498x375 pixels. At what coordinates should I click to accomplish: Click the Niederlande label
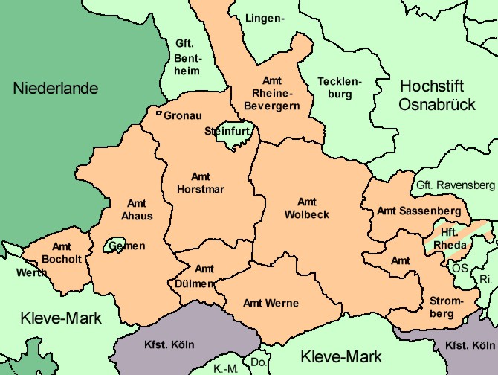[x=56, y=89]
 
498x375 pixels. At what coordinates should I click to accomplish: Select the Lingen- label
[x=265, y=18]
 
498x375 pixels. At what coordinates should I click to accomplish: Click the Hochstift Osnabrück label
[x=436, y=95]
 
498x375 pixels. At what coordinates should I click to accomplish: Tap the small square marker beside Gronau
[x=158, y=114]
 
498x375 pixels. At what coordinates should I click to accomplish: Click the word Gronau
[x=183, y=116]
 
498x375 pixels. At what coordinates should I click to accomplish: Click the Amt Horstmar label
[x=201, y=183]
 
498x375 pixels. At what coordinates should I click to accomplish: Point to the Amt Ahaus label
[x=137, y=210]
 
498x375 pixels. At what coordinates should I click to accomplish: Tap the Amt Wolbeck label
[x=306, y=208]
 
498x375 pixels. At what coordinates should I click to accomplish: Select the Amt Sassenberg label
[x=418, y=211]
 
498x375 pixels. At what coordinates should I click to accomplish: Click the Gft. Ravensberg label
[x=455, y=184]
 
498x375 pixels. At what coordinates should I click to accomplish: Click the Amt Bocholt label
[x=62, y=253]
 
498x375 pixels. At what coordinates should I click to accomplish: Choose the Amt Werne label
[x=271, y=303]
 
